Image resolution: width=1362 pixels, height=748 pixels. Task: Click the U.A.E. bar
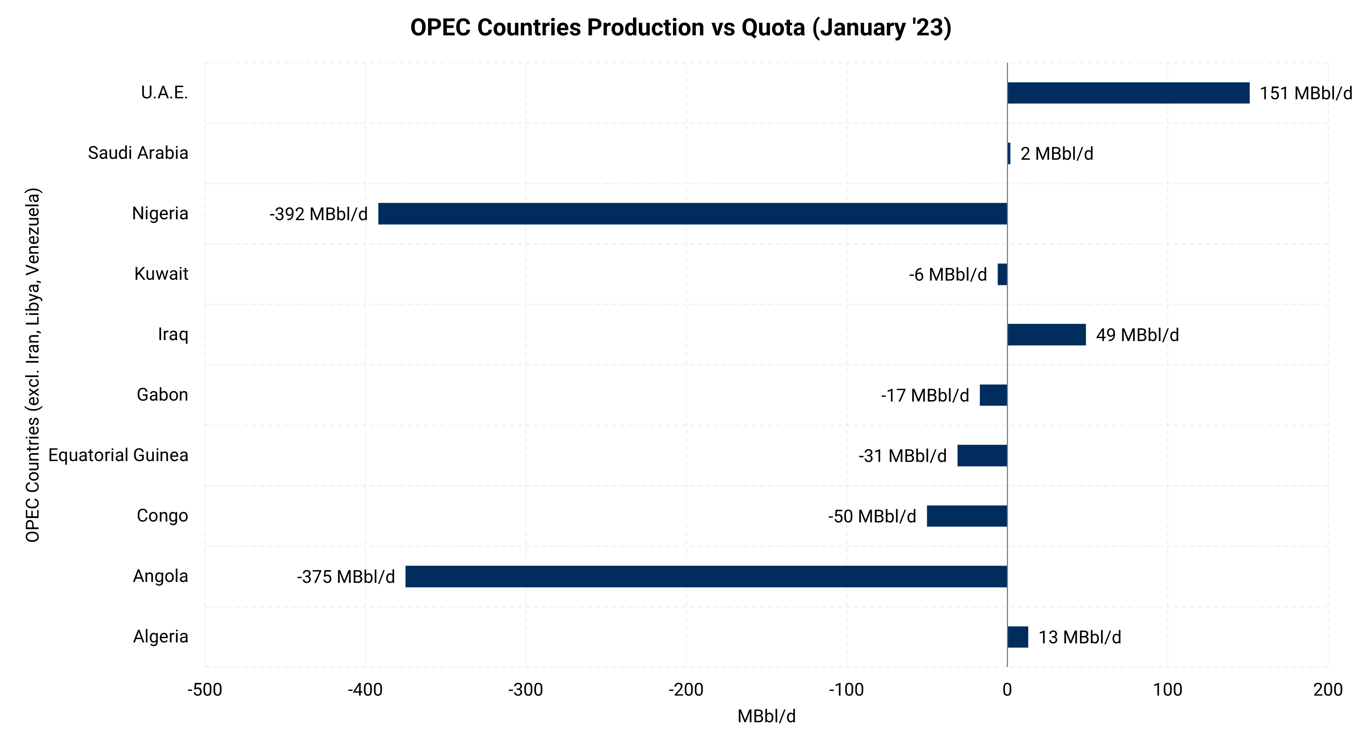click(x=1128, y=93)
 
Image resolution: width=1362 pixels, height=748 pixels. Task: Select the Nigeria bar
click(x=693, y=214)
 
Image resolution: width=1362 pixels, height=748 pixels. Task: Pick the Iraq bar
click(x=1046, y=335)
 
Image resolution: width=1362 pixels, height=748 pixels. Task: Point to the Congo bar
click(x=967, y=516)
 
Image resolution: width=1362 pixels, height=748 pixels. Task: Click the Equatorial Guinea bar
click(x=982, y=455)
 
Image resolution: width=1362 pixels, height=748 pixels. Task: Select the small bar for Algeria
click(x=1018, y=637)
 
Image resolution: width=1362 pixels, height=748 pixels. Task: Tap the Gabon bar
click(x=993, y=395)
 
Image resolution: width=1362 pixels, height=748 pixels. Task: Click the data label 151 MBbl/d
click(x=1305, y=93)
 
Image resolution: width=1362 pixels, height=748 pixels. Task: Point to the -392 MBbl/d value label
click(x=318, y=214)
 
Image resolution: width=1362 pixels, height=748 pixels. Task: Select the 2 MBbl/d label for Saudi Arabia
click(x=1056, y=154)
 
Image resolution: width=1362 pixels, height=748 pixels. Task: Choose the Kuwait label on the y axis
click(x=161, y=274)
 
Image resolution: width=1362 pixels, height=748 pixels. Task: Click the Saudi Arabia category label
click(x=138, y=153)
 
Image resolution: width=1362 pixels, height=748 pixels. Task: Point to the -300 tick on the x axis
click(x=526, y=690)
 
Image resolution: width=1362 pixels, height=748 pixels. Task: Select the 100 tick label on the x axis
click(x=1167, y=690)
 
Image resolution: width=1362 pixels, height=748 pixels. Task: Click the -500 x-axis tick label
click(x=205, y=690)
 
